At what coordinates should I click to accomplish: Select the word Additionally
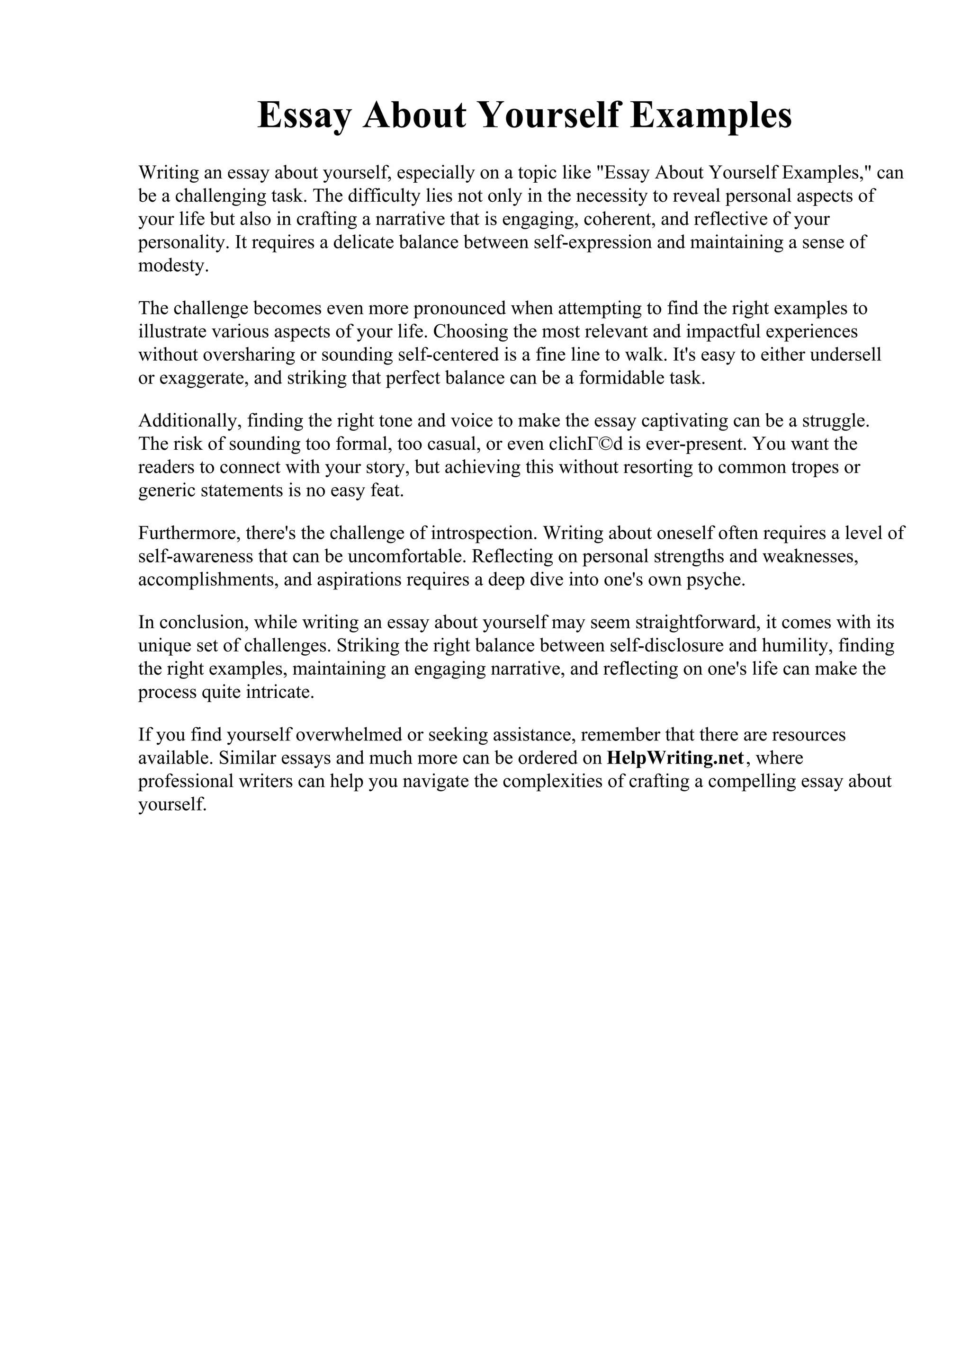tap(189, 421)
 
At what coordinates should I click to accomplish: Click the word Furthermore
tap(189, 533)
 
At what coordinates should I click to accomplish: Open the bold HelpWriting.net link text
tap(675, 758)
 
